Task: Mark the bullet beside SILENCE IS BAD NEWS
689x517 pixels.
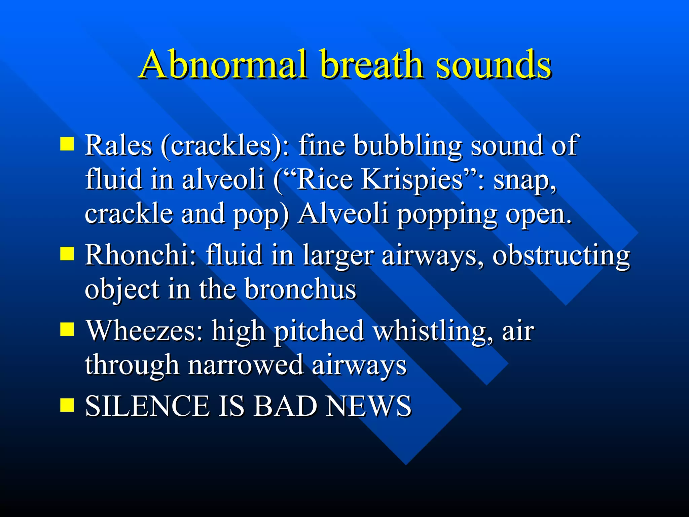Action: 67,405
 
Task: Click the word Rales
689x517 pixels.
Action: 118,145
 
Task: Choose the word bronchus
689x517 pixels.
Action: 300,289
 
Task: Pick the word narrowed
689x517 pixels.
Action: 245,365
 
